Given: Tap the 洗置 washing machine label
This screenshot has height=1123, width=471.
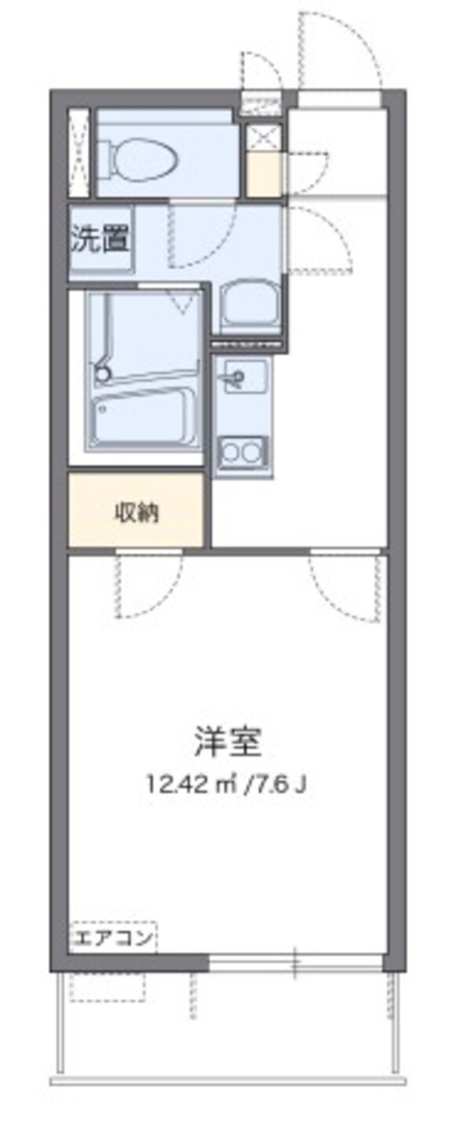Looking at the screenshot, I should click(x=100, y=239).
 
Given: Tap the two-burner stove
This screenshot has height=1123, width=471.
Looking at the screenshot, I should click(x=243, y=452).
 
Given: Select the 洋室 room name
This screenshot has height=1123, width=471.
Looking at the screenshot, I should click(x=228, y=742).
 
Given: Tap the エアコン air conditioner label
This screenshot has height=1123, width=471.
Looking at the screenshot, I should click(x=113, y=938).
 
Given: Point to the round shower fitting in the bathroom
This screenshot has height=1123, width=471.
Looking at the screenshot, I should click(x=100, y=375).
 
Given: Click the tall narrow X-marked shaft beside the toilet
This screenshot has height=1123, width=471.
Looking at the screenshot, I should click(x=79, y=154).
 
